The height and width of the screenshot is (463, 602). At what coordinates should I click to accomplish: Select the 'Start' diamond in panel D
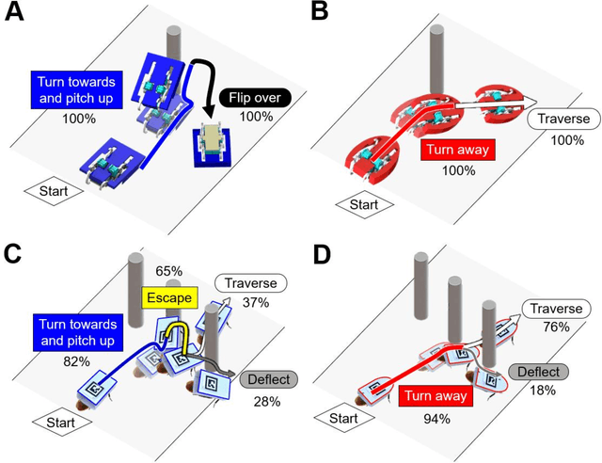pyautogui.click(x=349, y=417)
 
